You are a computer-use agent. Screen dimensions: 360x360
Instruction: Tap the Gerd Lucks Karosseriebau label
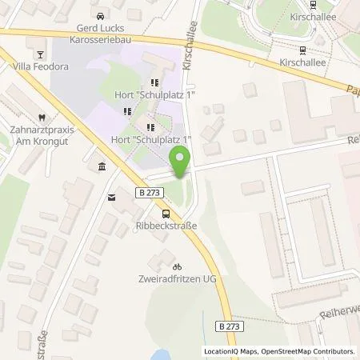100,32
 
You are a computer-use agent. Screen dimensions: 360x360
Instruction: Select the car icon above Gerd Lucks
100,16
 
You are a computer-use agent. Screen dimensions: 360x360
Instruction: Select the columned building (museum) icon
102,166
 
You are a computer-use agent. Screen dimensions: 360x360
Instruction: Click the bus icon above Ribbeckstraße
166,214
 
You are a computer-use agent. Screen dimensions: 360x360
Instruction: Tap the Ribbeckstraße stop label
165,226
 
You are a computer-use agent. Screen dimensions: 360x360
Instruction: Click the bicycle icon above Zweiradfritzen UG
178,266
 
